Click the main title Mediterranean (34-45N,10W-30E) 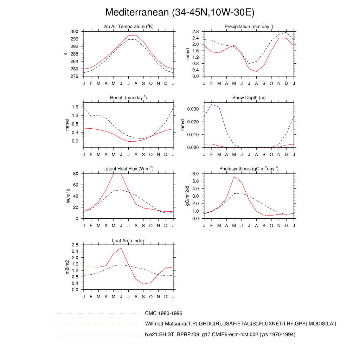pyautogui.click(x=180, y=12)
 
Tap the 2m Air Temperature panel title pyautogui.click(x=128, y=27)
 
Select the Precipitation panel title pyautogui.click(x=249, y=27)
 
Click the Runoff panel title pyautogui.click(x=128, y=97)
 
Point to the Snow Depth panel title pyautogui.click(x=249, y=97)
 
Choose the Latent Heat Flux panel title pyautogui.click(x=128, y=169)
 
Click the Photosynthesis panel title pyautogui.click(x=249, y=169)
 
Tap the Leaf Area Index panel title pyautogui.click(x=128, y=240)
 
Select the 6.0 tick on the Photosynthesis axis pyautogui.click(x=196, y=174)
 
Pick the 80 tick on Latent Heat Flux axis pyautogui.click(x=75, y=174)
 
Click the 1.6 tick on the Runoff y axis pyautogui.click(x=75, y=107)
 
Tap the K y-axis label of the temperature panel pyautogui.click(x=65, y=54)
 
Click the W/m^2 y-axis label pyautogui.click(x=68, y=196)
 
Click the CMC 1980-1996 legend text pyautogui.click(x=163, y=313)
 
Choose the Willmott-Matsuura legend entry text pyautogui.click(x=240, y=324)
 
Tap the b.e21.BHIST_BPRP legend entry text pyautogui.click(x=220, y=335)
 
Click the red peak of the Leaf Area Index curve pyautogui.click(x=121, y=248)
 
